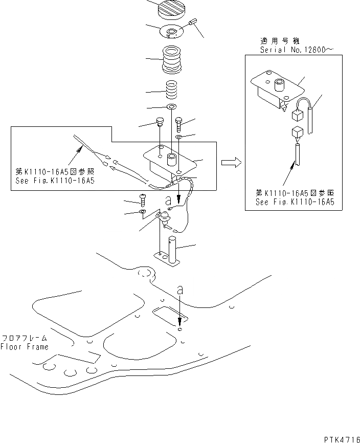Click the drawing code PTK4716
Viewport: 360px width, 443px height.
click(341, 439)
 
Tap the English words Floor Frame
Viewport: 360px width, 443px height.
click(25, 346)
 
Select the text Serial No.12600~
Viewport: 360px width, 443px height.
click(290, 50)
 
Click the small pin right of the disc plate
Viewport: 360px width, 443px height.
click(193, 23)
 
